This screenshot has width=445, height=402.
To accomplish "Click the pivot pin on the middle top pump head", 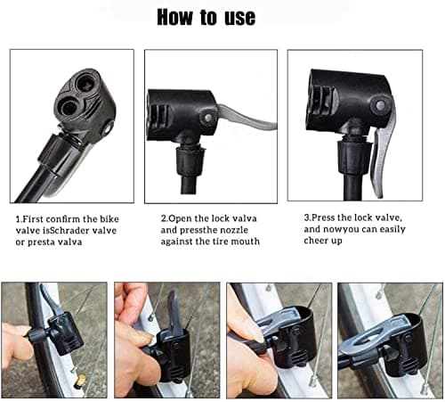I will click(x=206, y=117).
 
